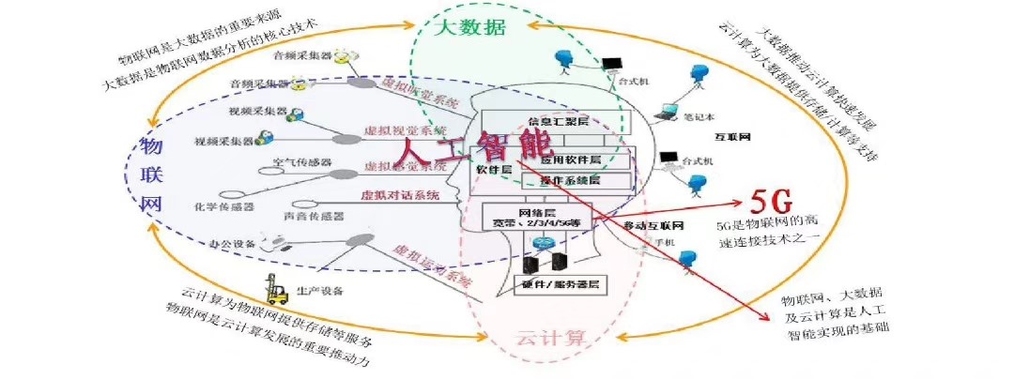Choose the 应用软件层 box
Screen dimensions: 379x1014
(x=582, y=160)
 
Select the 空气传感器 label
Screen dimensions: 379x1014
(x=303, y=162)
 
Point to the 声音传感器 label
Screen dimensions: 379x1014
(x=313, y=215)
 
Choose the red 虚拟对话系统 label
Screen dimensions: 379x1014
(x=400, y=196)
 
